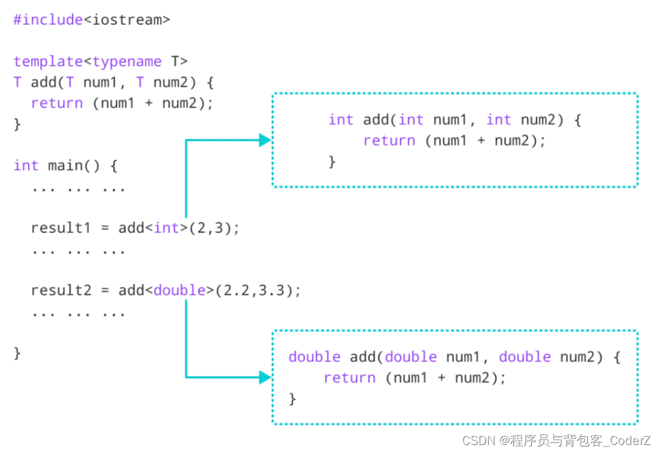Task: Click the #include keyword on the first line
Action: [x=48, y=20]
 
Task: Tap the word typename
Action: [x=127, y=62]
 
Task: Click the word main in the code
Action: [x=65, y=165]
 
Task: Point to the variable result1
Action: [x=61, y=228]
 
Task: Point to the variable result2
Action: [x=61, y=290]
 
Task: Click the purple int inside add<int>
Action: [x=167, y=228]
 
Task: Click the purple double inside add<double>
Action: [x=180, y=290]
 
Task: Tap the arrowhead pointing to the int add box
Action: [x=265, y=140]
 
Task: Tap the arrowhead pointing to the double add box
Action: [x=265, y=377]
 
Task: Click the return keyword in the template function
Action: [x=57, y=103]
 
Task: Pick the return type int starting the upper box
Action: [x=341, y=120]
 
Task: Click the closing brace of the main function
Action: [x=17, y=352]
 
